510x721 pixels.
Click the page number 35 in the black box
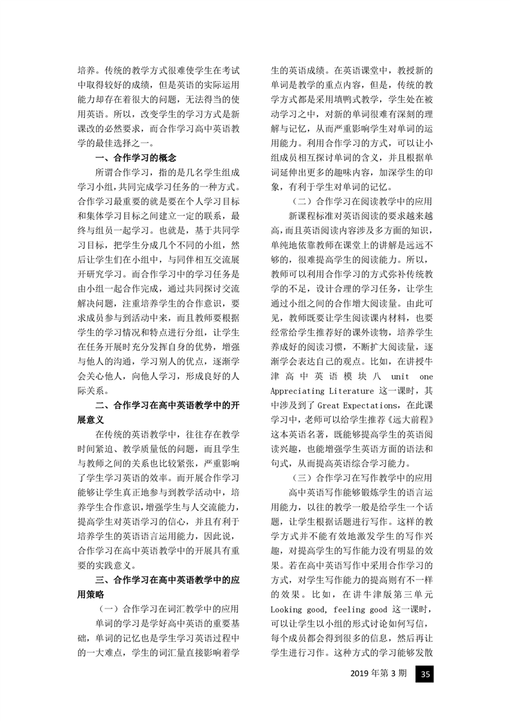(x=424, y=674)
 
